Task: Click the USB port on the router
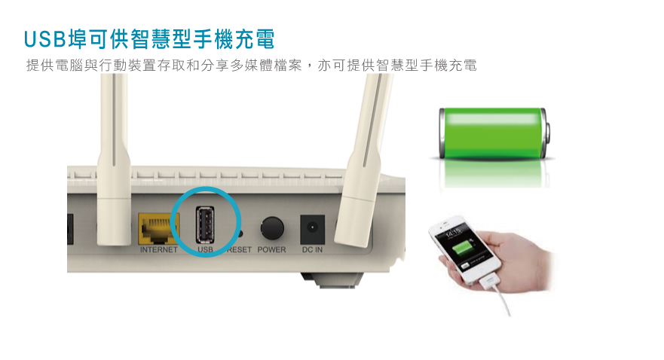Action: point(205,224)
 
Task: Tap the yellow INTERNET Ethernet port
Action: point(159,228)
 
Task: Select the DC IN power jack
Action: point(313,228)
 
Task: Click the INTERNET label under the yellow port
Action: point(159,249)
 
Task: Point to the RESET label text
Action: point(240,249)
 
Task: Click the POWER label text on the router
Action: point(271,249)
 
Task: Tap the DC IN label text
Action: point(312,249)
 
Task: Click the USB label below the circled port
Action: point(206,249)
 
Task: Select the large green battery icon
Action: point(494,133)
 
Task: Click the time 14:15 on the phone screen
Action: point(453,232)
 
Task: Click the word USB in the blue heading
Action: point(45,39)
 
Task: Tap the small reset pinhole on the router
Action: point(240,233)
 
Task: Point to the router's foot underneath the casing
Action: point(332,280)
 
